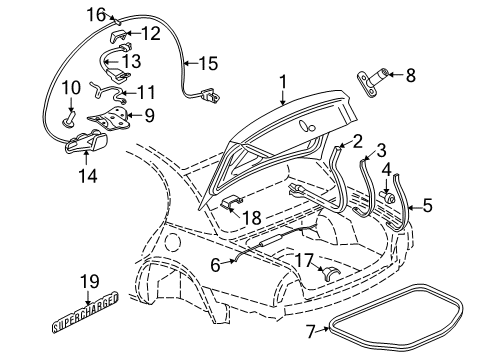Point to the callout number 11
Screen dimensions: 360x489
[x=147, y=90]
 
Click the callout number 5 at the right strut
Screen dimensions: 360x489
[x=428, y=206]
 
